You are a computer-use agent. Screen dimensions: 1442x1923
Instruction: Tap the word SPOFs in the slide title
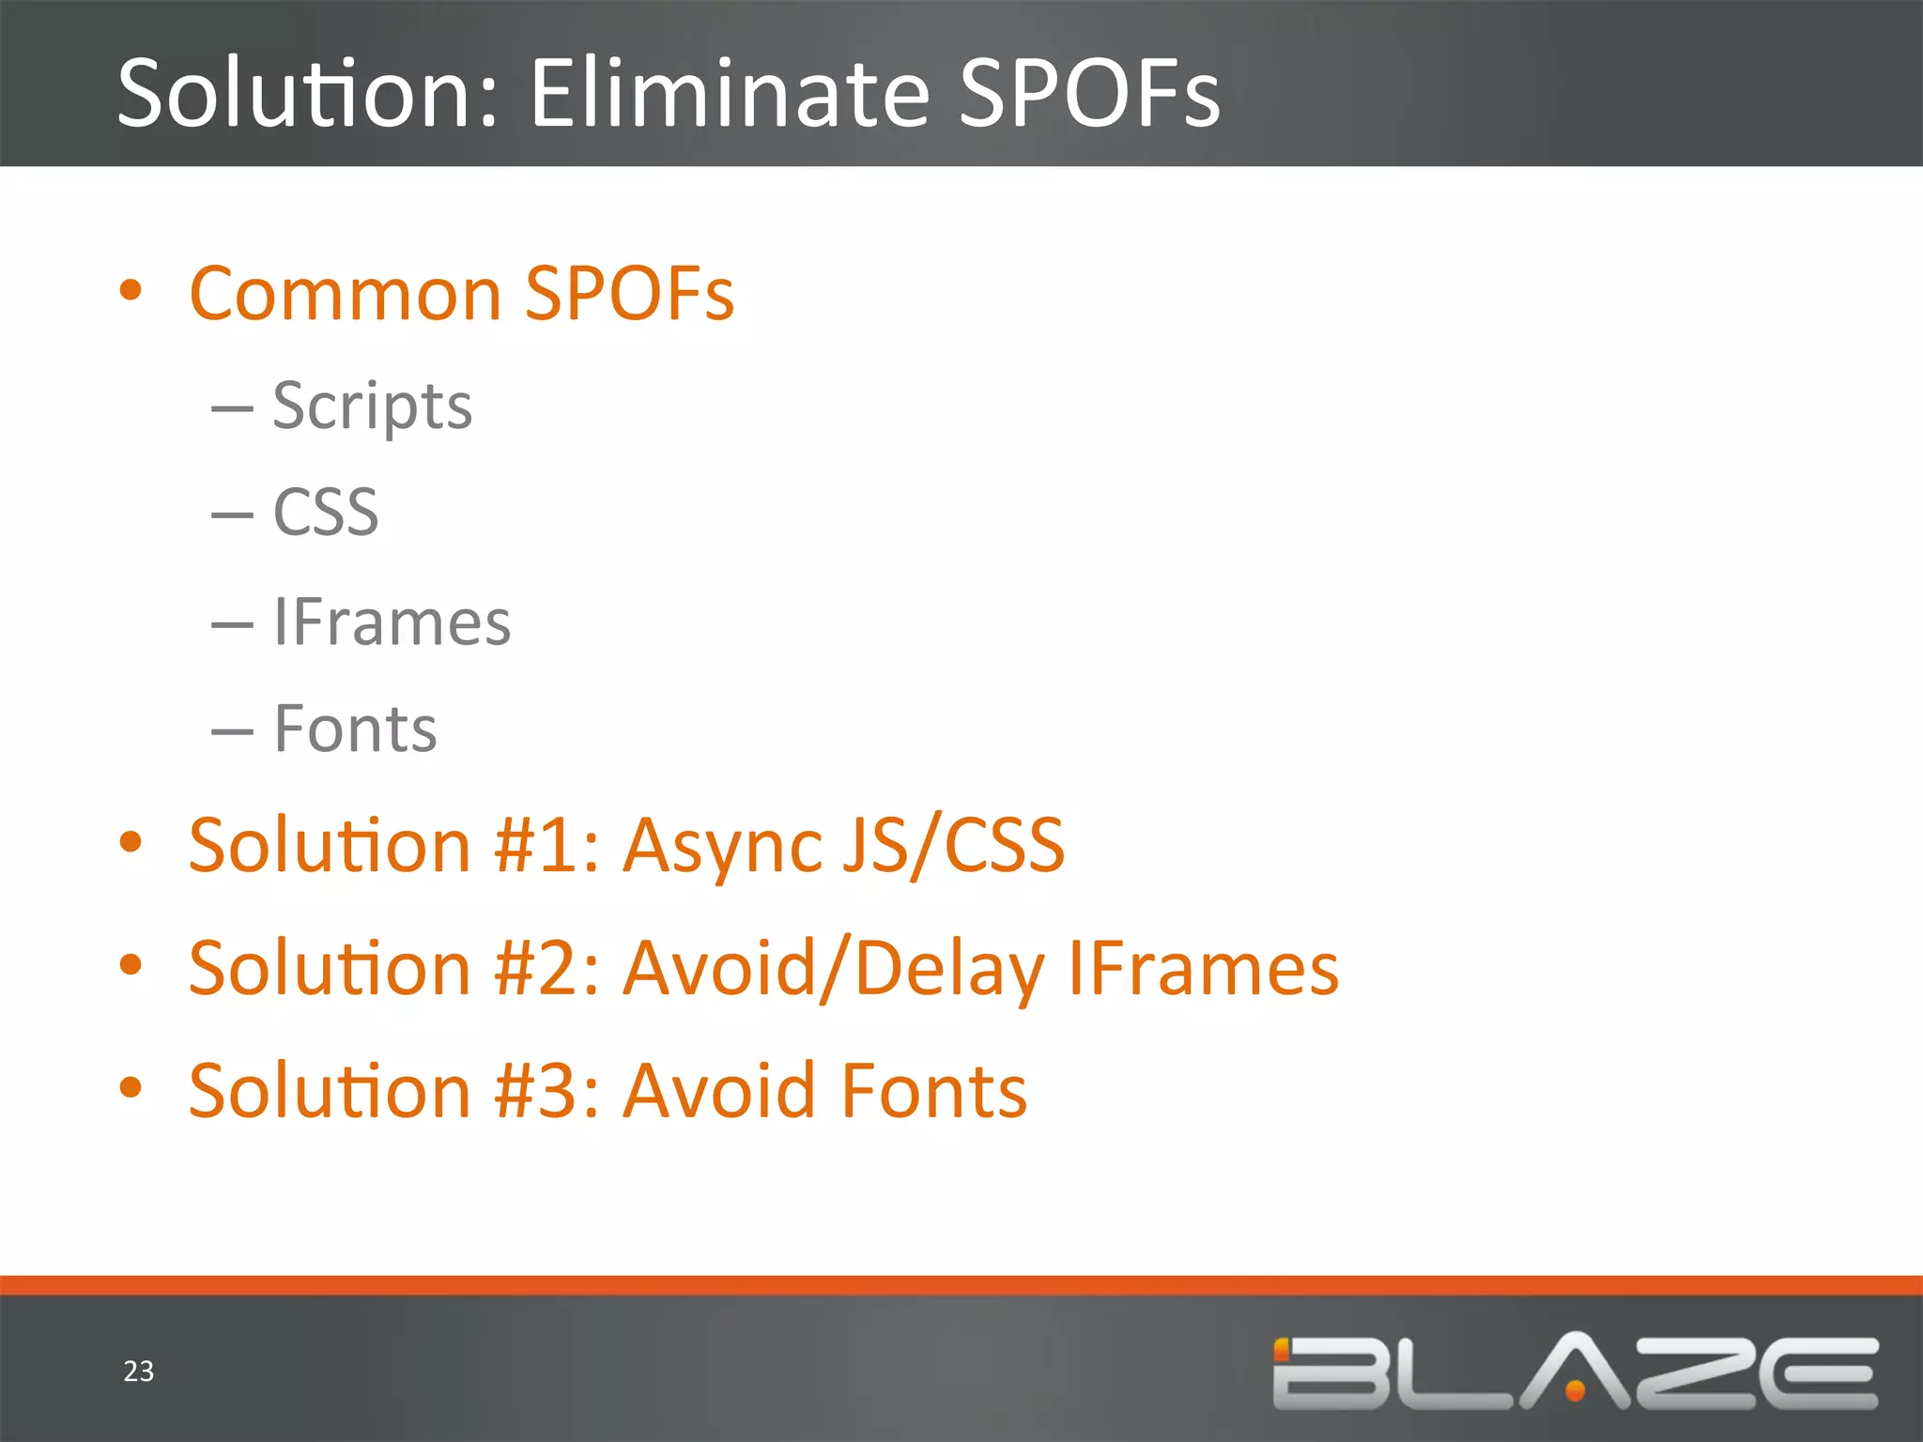[x=1089, y=94]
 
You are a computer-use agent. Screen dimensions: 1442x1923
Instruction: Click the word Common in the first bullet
[x=346, y=295]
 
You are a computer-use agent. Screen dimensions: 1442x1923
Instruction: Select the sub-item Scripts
[x=372, y=407]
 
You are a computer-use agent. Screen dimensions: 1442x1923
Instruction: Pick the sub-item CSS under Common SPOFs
[x=325, y=514]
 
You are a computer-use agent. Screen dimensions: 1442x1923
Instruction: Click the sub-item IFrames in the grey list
[x=392, y=622]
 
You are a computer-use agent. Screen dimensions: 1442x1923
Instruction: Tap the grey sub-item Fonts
[x=355, y=729]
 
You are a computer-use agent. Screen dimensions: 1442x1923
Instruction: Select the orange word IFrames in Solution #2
[x=1204, y=969]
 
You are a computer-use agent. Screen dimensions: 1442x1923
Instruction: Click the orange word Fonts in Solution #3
[x=934, y=1091]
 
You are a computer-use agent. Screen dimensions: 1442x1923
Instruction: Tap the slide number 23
[x=139, y=1372]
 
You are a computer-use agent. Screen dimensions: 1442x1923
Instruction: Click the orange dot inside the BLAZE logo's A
[x=1576, y=1388]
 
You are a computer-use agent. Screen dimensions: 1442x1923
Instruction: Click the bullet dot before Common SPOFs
[x=131, y=290]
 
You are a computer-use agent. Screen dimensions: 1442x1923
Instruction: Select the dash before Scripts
[x=232, y=409]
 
